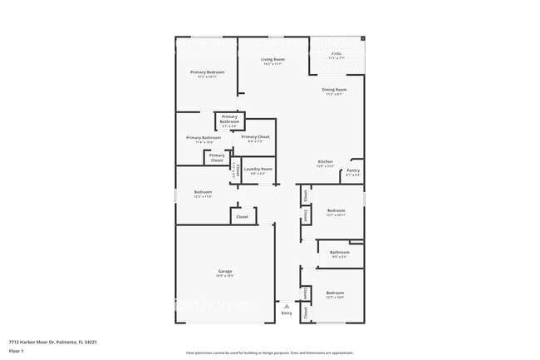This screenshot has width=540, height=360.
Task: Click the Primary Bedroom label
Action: (x=207, y=72)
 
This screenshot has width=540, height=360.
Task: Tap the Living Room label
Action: (x=273, y=60)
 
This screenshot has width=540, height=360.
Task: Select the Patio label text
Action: (x=336, y=54)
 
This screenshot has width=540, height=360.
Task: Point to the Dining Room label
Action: (x=336, y=89)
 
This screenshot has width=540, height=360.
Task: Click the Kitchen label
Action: (x=325, y=161)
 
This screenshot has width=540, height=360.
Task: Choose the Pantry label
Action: (x=353, y=170)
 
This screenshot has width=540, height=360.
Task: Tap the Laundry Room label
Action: (x=253, y=169)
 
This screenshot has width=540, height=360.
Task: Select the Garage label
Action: (x=224, y=271)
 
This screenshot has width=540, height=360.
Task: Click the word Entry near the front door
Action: (x=287, y=313)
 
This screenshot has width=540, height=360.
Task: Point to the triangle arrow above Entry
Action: (x=287, y=305)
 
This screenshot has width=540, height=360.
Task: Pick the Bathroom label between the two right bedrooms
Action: (x=339, y=252)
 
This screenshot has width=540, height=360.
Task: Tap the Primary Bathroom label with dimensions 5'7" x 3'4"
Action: (x=229, y=119)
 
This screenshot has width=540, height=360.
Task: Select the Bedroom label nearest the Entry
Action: (x=336, y=293)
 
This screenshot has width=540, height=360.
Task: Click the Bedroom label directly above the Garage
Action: (x=203, y=192)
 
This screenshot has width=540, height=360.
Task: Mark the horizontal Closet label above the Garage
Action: (x=243, y=216)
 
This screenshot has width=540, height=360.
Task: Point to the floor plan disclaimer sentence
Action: (x=269, y=353)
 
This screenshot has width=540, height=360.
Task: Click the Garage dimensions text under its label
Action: (x=224, y=275)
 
